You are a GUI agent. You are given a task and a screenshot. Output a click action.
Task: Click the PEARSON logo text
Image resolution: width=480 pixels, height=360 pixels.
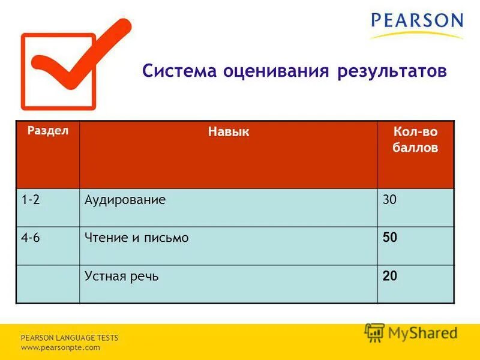point(417,21)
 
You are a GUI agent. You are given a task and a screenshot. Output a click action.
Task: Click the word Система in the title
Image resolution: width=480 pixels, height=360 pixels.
point(180,72)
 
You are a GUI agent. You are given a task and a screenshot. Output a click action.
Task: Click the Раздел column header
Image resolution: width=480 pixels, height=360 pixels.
point(47,130)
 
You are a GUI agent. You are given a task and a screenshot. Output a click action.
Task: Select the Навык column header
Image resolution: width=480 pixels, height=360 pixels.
point(229,132)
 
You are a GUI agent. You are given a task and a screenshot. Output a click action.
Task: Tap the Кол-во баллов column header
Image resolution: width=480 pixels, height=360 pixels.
point(415,140)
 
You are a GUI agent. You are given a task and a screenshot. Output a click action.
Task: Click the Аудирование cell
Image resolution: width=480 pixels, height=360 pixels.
point(125,200)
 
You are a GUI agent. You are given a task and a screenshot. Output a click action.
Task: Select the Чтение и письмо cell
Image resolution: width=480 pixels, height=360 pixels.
point(137,238)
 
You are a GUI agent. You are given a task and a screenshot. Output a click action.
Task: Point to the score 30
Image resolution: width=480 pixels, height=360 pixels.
point(390,200)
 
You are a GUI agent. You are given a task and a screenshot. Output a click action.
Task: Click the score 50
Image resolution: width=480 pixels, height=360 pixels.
point(390,238)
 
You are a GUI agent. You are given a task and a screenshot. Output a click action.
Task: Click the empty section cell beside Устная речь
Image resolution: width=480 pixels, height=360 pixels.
point(47,284)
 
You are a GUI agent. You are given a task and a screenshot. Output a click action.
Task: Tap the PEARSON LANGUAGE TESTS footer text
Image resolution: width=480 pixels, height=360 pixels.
point(70,338)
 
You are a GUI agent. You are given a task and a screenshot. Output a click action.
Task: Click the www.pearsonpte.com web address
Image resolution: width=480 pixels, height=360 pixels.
point(61,347)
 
